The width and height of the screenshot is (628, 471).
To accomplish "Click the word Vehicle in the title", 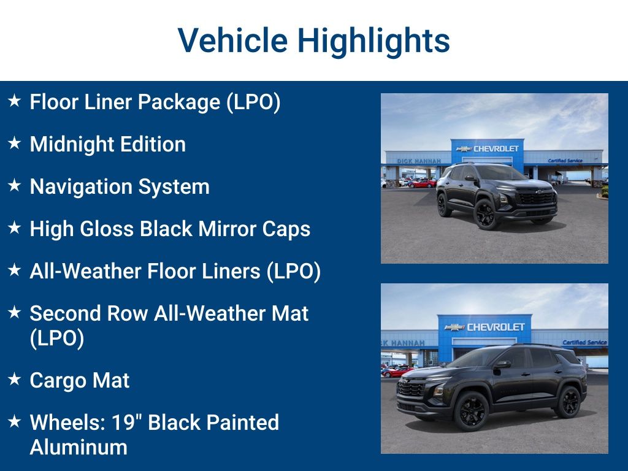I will click(232, 40).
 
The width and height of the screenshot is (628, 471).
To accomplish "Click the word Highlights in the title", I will click(373, 40).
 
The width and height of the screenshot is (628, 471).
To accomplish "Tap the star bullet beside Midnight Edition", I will click(15, 144).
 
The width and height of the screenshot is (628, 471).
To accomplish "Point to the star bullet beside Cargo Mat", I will click(15, 380).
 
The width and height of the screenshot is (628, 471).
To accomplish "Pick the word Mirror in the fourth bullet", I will click(226, 229).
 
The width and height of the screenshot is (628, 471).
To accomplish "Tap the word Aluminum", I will click(78, 446).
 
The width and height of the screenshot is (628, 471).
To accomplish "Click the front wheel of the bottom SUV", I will click(471, 410).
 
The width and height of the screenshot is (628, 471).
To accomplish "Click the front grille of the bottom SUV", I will click(411, 389).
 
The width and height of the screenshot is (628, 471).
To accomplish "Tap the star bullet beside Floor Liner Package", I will click(15, 101).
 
